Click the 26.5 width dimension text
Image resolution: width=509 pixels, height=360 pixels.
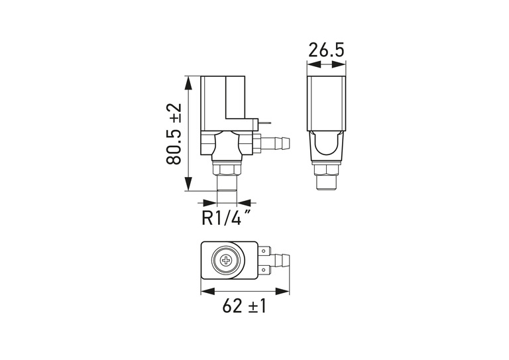coord(326,50)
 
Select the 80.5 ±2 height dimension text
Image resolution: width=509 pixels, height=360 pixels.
coord(174,134)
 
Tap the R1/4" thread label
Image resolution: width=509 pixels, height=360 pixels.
coord(226,217)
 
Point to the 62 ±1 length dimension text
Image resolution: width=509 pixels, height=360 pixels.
coord(244,306)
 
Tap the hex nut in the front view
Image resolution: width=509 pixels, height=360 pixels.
coord(227,170)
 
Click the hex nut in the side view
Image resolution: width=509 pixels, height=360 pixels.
coord(326,170)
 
